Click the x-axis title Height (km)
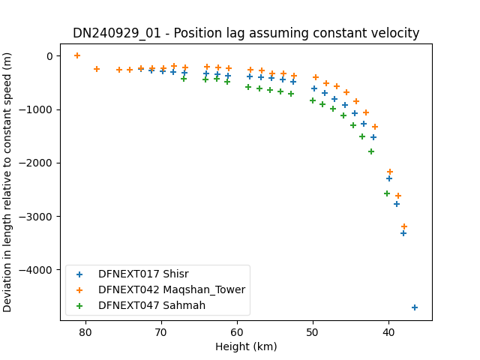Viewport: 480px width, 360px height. [246, 346]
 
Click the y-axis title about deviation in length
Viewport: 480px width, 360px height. [7, 182]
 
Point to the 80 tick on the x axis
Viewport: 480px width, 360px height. [85, 332]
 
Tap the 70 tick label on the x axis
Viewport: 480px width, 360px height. [161, 332]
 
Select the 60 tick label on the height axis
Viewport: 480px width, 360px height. [237, 332]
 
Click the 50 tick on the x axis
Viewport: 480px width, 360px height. [313, 332]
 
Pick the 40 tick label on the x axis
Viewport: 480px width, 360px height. [388, 332]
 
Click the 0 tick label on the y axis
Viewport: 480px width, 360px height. [50, 56]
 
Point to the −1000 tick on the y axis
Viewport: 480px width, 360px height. [36, 109]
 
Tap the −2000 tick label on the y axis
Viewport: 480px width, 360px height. [36, 163]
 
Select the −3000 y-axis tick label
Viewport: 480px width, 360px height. [36, 217]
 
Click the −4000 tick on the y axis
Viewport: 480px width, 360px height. [36, 270]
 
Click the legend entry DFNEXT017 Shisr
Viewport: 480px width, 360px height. [143, 274]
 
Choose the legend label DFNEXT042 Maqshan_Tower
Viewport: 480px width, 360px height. [172, 290]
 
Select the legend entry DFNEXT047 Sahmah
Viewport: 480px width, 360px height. [151, 305]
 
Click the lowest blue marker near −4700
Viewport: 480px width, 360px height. [415, 307]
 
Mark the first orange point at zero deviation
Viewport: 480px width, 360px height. [77, 55]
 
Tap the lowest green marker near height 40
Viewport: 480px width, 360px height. [387, 193]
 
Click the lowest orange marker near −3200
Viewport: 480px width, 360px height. [404, 226]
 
